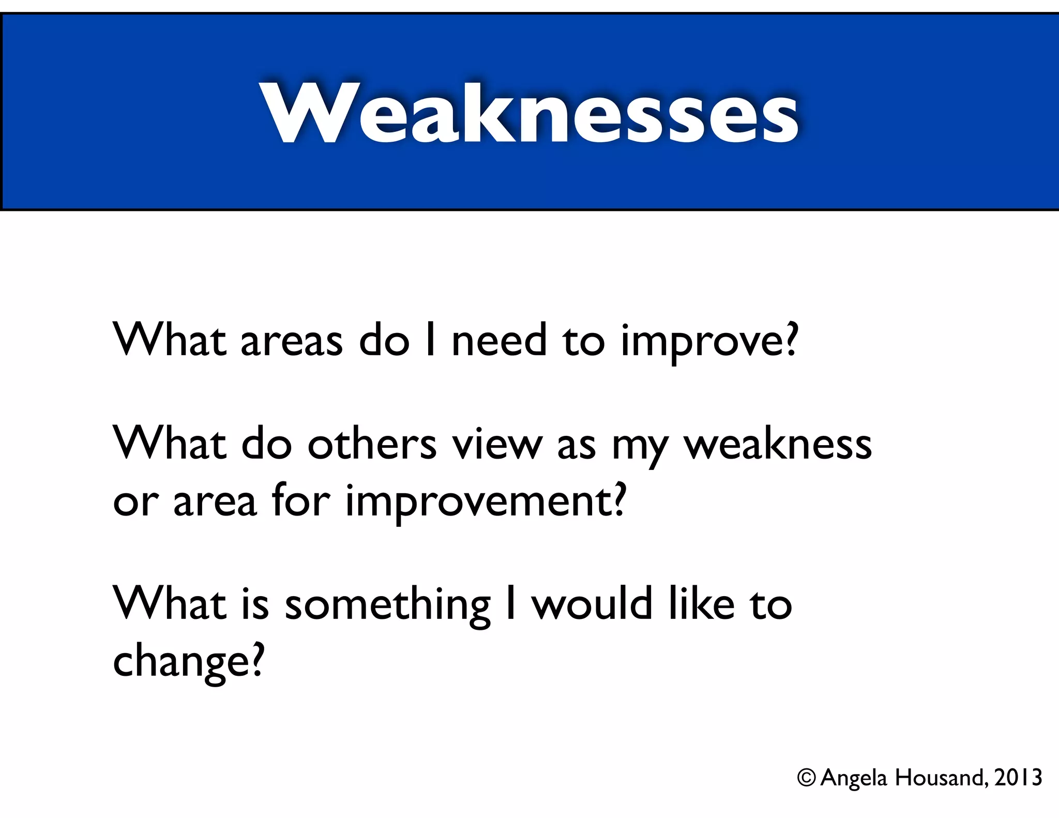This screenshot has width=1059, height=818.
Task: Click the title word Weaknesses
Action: (529, 113)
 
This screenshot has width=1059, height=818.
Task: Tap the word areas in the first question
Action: (291, 341)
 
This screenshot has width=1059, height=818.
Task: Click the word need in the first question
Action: (498, 341)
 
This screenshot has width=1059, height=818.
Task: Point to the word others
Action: (372, 445)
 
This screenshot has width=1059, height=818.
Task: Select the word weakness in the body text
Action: (778, 445)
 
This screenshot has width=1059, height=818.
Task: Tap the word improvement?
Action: (486, 502)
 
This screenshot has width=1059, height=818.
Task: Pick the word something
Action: (387, 605)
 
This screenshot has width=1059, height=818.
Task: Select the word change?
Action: (188, 662)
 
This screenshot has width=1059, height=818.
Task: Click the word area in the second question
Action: (215, 502)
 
